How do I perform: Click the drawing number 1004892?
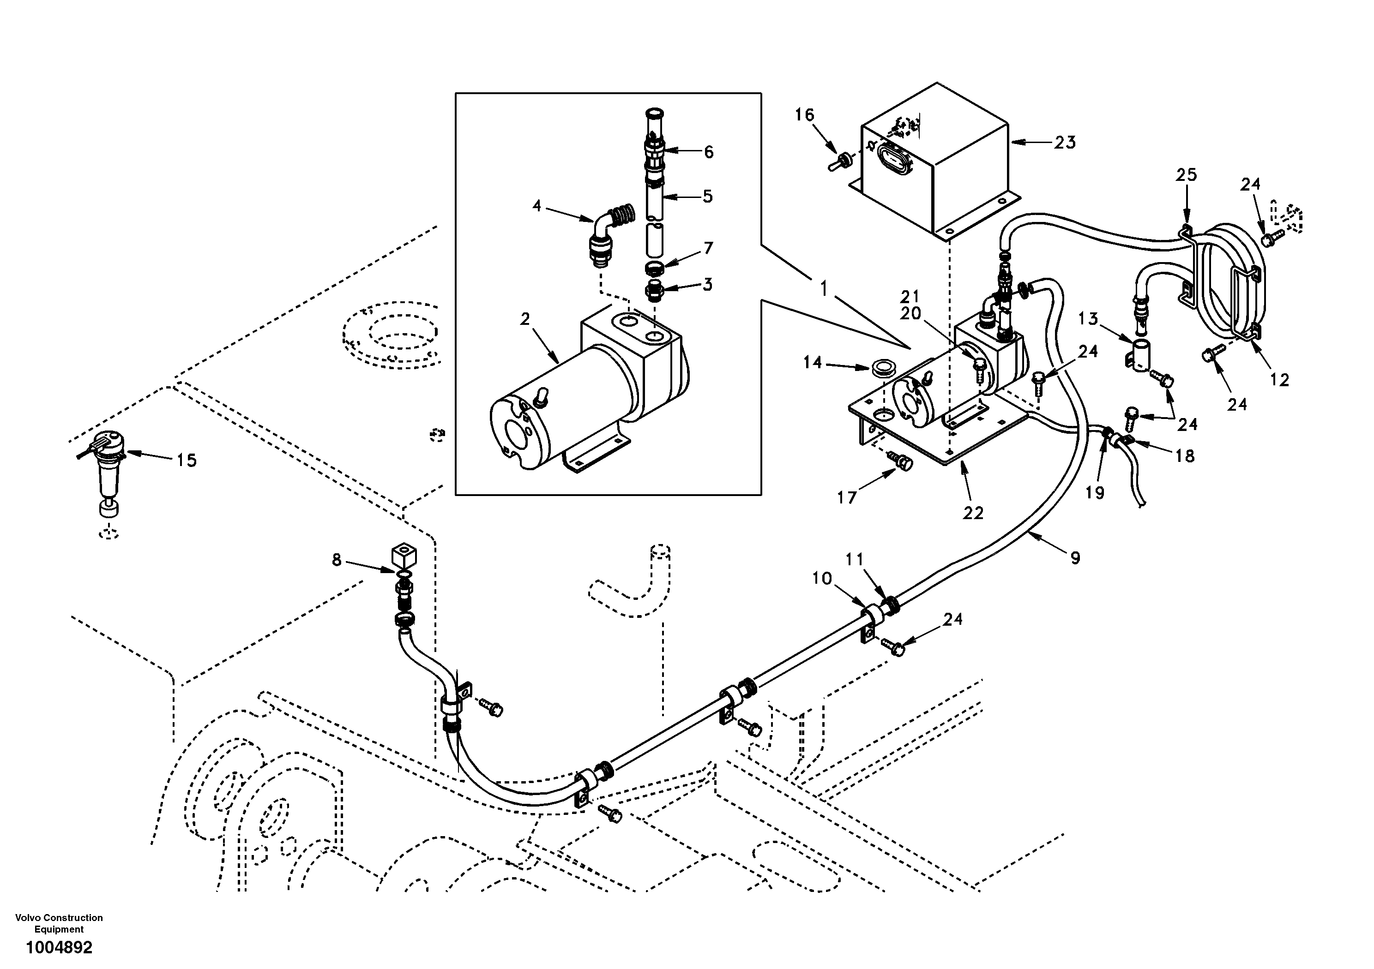pos(59,948)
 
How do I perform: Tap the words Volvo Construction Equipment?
pos(59,923)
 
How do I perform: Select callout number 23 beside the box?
pos(1065,143)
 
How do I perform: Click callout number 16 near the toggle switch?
pos(805,114)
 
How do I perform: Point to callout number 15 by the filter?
pos(186,460)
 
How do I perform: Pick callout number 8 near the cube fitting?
pos(337,560)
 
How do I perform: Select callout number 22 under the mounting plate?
pos(973,513)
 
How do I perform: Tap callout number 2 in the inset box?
pos(525,319)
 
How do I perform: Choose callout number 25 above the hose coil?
pos(1186,175)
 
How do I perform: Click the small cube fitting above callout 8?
pos(404,555)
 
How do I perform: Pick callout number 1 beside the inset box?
pos(824,289)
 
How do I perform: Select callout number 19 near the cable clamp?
pos(1095,492)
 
